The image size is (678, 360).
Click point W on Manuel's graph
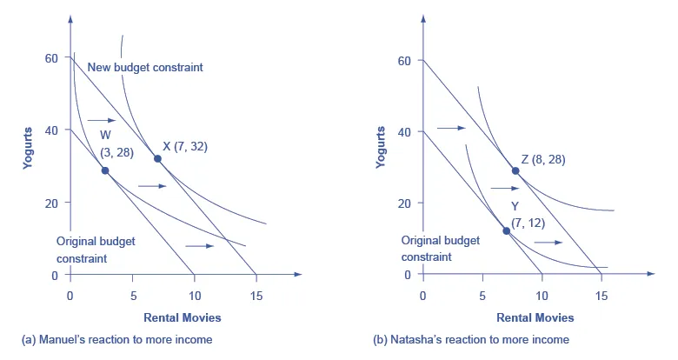tap(105, 170)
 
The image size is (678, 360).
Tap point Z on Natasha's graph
tap(515, 170)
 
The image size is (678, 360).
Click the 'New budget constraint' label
tap(145, 67)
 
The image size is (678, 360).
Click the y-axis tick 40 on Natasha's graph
tap(403, 131)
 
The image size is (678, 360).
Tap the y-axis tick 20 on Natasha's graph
tap(403, 203)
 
